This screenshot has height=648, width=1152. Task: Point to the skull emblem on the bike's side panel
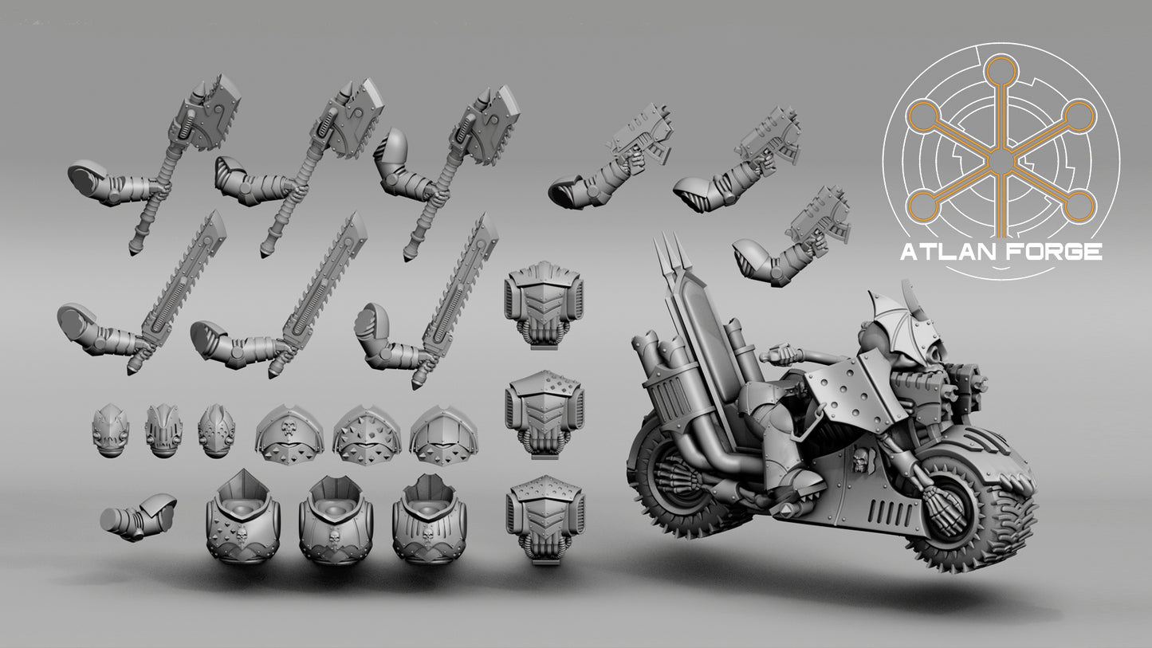859,460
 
